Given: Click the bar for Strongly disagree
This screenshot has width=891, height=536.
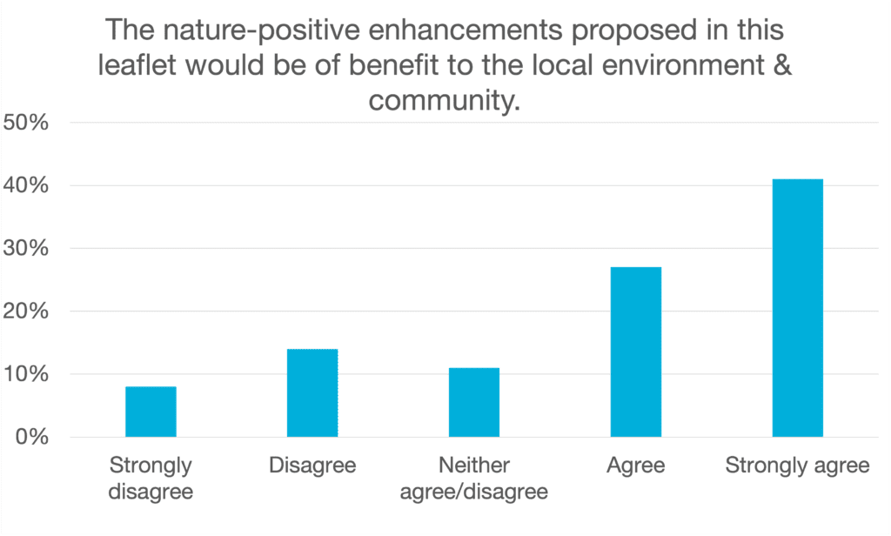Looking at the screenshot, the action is pos(151,412).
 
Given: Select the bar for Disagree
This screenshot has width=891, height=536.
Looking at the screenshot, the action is pos(312,392).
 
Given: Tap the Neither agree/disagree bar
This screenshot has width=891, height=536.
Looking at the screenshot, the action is pos(474,402).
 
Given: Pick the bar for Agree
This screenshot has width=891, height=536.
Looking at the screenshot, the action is pos(636,352).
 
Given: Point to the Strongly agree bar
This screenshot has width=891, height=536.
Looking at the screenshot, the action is pos(798,308).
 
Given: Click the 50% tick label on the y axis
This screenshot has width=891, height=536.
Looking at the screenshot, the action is pos(26,122).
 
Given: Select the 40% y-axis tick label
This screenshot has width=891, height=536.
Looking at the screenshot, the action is pos(26,185).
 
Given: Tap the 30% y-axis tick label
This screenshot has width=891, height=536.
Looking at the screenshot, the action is pos(26,248).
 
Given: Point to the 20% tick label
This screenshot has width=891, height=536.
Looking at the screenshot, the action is pos(26,311).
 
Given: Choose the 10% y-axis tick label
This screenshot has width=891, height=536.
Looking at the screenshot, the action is pos(26,374).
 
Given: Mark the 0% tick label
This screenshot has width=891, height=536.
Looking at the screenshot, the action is pos(32,437).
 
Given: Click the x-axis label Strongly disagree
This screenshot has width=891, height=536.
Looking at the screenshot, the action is pos(151,478).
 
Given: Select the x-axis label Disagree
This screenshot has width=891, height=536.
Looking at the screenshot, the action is pos(312,465).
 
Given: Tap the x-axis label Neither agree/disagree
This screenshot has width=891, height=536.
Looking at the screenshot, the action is pos(474,478).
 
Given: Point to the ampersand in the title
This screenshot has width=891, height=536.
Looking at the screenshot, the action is pos(782,64).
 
